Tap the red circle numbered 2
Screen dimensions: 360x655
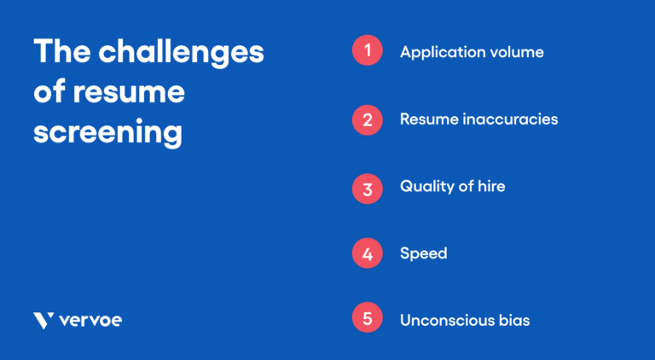pos(367,119)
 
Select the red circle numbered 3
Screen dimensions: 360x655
pos(367,186)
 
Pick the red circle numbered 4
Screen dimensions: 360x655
pos(367,253)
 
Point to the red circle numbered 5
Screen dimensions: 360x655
pos(367,320)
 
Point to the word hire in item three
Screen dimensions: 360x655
pos(490,186)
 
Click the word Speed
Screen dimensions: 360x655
pos(423,254)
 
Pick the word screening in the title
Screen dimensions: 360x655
pos(108,132)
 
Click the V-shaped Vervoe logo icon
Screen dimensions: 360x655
pos(43,321)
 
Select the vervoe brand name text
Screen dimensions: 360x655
pos(90,321)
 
